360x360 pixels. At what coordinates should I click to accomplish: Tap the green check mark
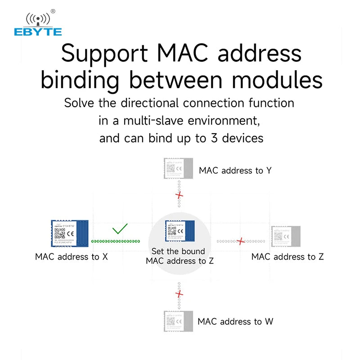[120, 229]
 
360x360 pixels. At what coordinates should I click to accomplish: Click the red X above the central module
[180, 195]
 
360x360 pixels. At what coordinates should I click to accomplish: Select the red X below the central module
[180, 294]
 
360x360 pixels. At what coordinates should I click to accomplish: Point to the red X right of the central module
[241, 241]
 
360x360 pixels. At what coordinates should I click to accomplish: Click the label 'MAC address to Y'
[235, 171]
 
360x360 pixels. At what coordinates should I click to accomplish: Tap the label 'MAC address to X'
[72, 257]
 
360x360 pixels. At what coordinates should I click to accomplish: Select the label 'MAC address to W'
[235, 321]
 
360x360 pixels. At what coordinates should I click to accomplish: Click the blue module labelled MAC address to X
[69, 234]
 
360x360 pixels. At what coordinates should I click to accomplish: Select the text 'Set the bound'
[178, 251]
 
